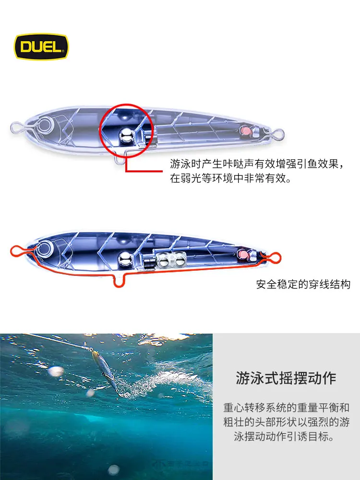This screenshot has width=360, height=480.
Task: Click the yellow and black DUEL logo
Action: click(42, 47)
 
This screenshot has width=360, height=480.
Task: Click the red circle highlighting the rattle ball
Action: click(126, 104)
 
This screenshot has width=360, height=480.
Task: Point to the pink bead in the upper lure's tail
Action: click(245, 131)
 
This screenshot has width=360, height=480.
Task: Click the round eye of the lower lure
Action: click(45, 248)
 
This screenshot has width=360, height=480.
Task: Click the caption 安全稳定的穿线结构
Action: click(303, 284)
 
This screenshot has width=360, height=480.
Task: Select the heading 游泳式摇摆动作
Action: click(286, 378)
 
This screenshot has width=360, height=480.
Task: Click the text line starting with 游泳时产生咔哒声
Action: click(257, 164)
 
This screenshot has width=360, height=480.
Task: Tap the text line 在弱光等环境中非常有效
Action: click(230, 178)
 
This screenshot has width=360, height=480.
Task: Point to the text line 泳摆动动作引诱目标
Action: click(284, 436)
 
